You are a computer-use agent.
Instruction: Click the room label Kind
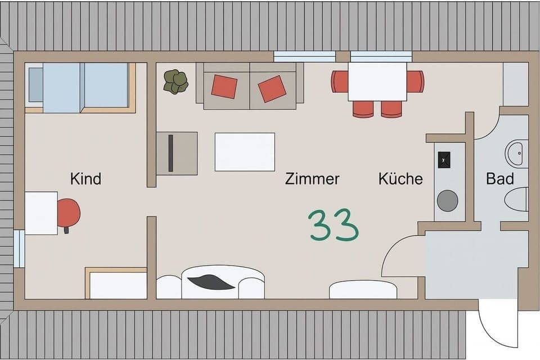(85, 179)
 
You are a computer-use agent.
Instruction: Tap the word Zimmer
(312, 179)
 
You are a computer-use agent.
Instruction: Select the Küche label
(400, 179)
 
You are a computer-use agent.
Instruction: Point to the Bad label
(500, 179)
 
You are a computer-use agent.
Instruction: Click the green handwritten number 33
(334, 225)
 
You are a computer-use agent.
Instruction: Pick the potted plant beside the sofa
(175, 82)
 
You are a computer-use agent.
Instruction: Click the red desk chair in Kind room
(68, 213)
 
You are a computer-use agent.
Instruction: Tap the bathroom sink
(517, 154)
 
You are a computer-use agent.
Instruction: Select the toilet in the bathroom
(517, 199)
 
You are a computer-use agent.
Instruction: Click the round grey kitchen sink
(448, 201)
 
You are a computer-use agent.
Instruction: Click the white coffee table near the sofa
(245, 152)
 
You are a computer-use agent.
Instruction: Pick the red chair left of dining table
(339, 82)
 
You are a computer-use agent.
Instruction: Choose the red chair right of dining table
(415, 82)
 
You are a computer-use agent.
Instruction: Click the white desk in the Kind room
(41, 213)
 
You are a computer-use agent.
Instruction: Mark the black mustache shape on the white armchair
(211, 282)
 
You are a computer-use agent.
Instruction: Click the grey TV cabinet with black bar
(177, 153)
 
